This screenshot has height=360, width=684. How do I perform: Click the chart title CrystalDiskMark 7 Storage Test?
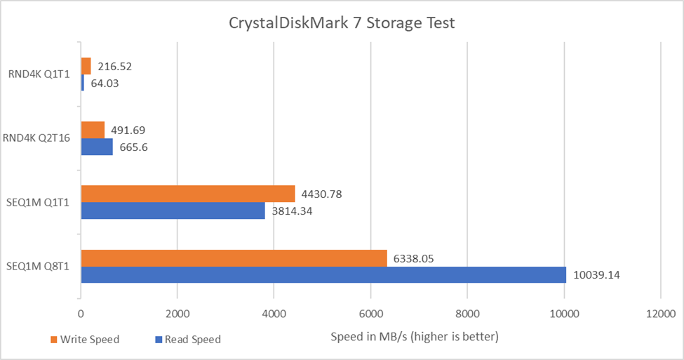342,23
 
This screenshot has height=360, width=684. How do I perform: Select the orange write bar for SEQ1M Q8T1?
234,258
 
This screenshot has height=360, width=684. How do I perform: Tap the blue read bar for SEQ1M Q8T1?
323,275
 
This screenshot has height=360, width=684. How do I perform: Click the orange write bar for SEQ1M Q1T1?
187,194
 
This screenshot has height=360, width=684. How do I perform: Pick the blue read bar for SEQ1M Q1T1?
173,211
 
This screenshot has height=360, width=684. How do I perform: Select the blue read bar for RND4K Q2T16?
97,147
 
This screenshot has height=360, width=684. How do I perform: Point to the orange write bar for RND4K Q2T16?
93,130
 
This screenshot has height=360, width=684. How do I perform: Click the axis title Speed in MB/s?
414,337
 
